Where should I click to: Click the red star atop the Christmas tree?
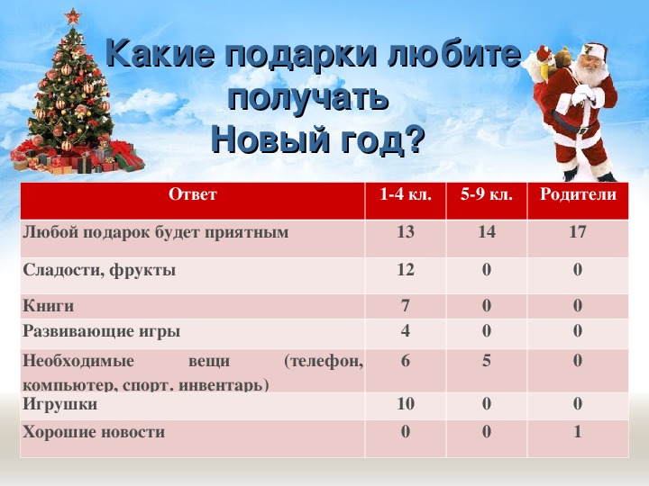(x=73, y=17)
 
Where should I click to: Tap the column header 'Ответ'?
(x=193, y=194)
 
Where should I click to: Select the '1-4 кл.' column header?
(x=406, y=193)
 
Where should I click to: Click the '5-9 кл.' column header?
(x=487, y=193)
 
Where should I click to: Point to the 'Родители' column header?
(x=578, y=194)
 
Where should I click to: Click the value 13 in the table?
(x=406, y=231)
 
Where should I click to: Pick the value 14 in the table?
(x=487, y=231)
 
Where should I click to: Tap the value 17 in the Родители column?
(x=578, y=231)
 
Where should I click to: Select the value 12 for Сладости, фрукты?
(x=406, y=269)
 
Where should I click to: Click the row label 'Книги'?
(x=49, y=306)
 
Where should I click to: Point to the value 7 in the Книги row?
(x=406, y=305)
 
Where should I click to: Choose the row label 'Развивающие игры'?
(x=101, y=331)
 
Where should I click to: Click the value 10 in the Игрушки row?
(x=406, y=403)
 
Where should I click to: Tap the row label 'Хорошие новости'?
(x=94, y=432)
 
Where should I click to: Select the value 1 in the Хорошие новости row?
(x=578, y=432)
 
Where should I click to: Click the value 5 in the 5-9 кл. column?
(x=487, y=361)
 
